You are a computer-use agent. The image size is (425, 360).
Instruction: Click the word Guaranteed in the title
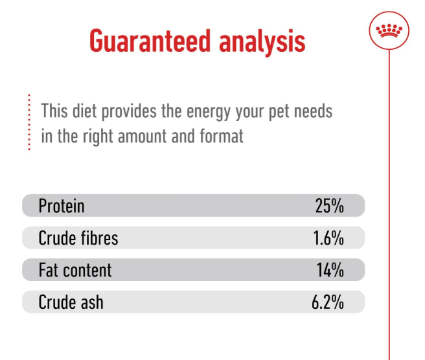coord(150,41)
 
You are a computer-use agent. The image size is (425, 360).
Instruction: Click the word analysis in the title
coord(262,42)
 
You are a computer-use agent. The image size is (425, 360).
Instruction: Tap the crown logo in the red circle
coord(389,30)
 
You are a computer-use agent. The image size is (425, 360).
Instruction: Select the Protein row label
coord(62,206)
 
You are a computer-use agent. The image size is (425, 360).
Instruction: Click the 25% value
coord(329,206)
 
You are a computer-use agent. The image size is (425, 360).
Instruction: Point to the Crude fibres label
coord(78,238)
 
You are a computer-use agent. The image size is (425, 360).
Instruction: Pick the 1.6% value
coord(328,238)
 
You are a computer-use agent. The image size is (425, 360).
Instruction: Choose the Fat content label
coord(75,270)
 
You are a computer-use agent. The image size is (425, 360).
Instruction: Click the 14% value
coord(330,270)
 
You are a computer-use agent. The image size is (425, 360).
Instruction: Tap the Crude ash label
coord(71,302)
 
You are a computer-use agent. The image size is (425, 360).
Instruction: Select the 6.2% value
coord(328,302)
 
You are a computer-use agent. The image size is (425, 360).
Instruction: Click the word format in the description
coord(222,136)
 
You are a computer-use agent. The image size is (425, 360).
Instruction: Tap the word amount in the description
coord(142,137)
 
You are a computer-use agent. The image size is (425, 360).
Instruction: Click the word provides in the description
coord(129,111)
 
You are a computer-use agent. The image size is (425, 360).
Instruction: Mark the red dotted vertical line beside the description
coord(29,122)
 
